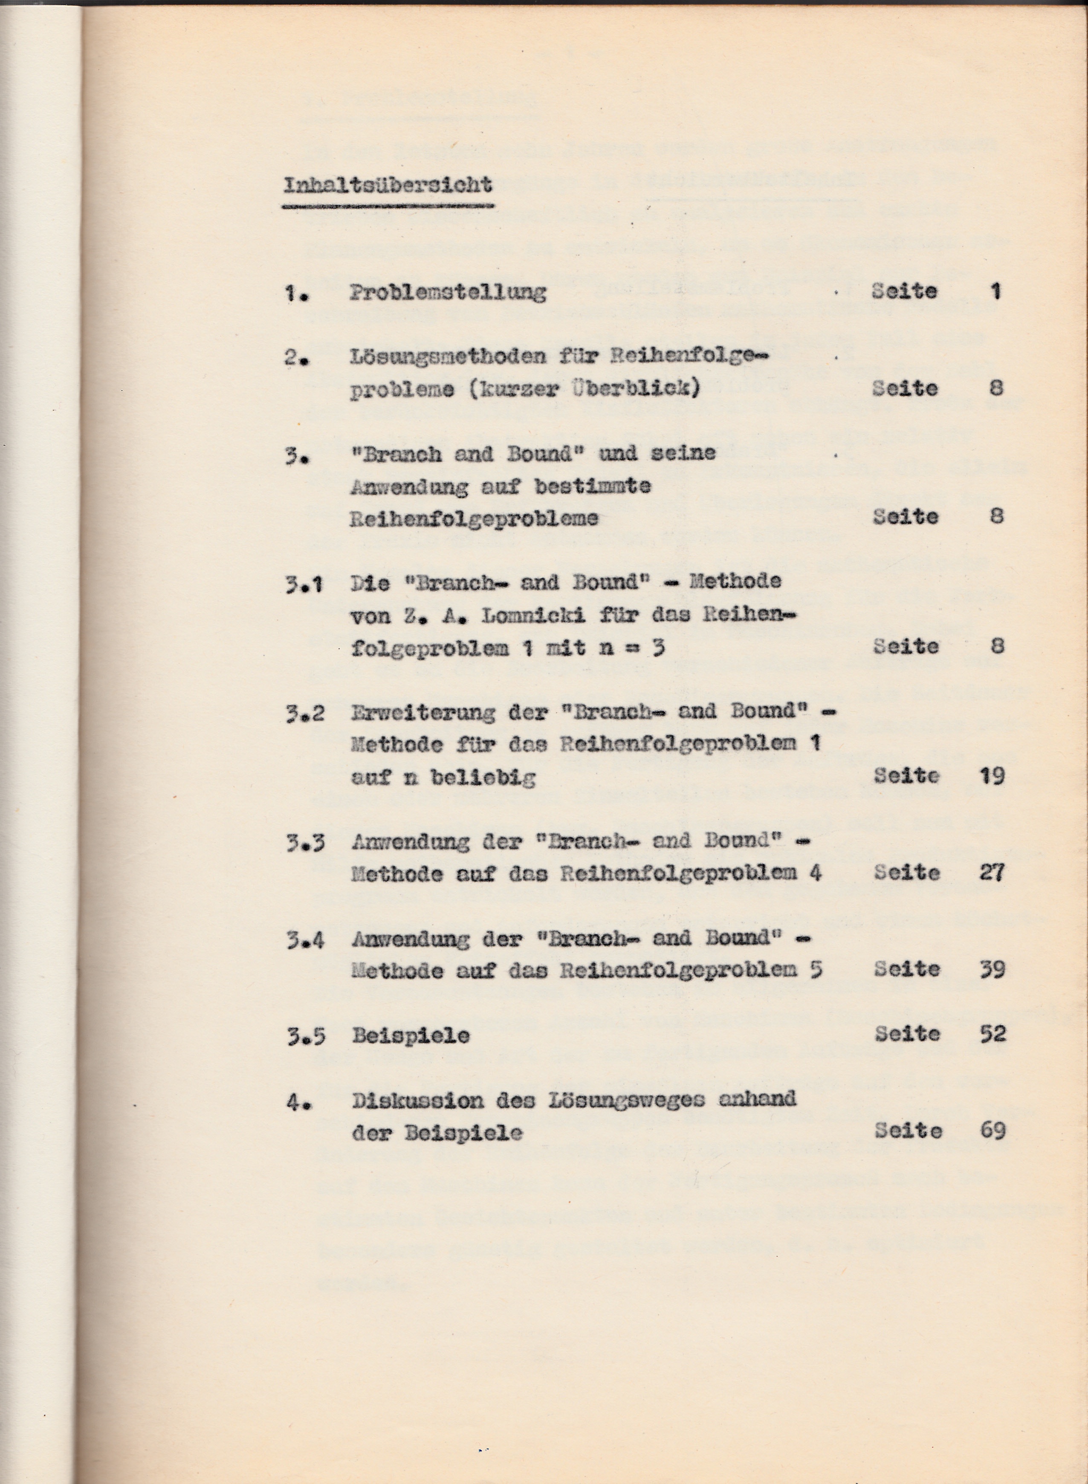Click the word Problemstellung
tap(448, 292)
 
